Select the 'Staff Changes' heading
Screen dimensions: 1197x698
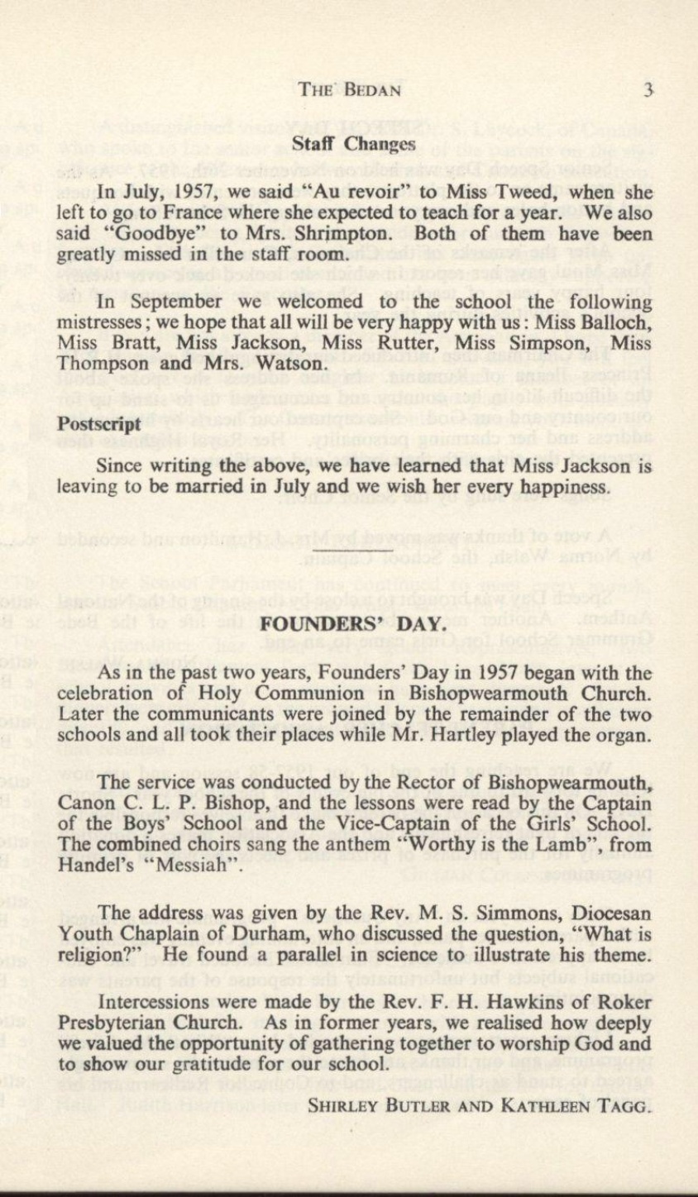(x=353, y=144)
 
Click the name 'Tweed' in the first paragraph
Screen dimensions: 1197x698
(x=521, y=195)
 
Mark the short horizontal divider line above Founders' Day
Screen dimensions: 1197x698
(x=364, y=548)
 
